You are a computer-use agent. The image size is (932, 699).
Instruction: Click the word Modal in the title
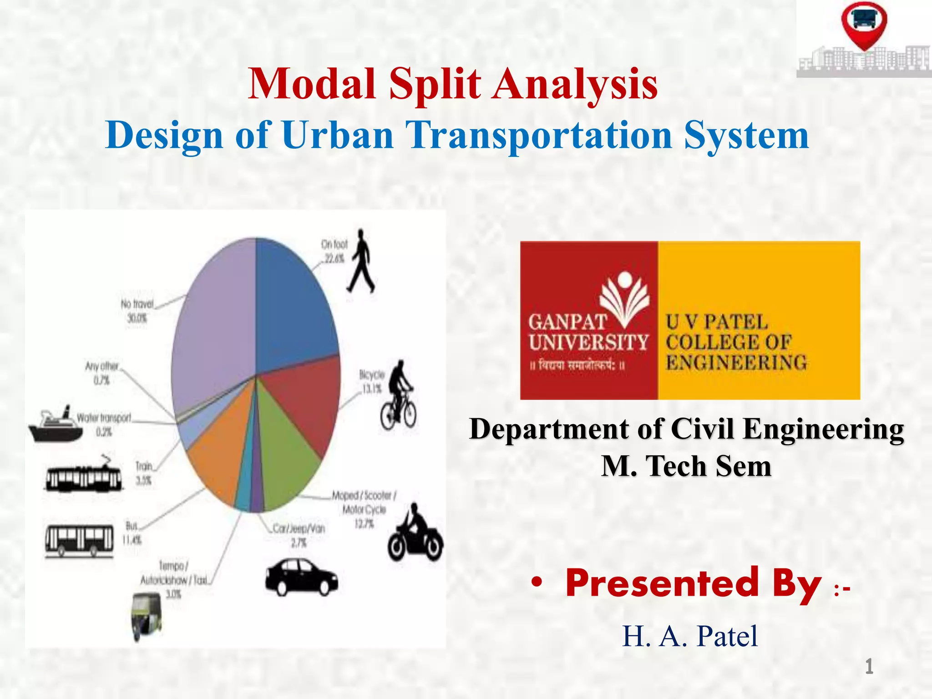(312, 84)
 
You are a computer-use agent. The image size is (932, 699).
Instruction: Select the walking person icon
(360, 261)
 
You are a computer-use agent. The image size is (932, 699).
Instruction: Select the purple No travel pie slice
(214, 319)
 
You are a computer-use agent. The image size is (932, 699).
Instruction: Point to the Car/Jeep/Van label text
(299, 528)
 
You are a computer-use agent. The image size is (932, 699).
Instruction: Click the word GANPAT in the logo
(567, 322)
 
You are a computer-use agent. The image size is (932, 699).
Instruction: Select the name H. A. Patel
(690, 636)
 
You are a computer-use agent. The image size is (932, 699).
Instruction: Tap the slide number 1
(869, 667)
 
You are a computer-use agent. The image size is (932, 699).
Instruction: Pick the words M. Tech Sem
(686, 466)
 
